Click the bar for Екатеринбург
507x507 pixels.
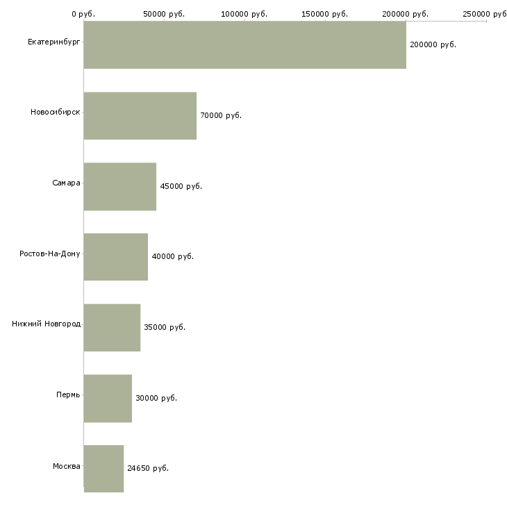244,44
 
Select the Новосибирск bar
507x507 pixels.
140,116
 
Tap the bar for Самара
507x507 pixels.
120,187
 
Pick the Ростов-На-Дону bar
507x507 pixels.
116,257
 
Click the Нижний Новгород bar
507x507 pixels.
112,328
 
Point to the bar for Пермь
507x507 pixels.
108,399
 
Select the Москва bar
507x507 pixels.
103,469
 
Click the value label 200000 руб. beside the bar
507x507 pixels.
433,44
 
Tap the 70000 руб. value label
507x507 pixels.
221,115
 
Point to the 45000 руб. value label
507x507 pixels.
181,186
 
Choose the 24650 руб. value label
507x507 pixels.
148,468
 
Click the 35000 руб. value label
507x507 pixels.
165,327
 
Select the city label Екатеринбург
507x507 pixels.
53,42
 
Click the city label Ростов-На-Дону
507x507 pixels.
49,253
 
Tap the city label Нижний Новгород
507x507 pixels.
46,324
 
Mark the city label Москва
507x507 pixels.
66,466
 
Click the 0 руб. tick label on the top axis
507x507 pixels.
83,14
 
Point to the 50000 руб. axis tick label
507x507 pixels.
164,14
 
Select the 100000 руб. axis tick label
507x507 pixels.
244,14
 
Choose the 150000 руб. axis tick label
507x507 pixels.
324,14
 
